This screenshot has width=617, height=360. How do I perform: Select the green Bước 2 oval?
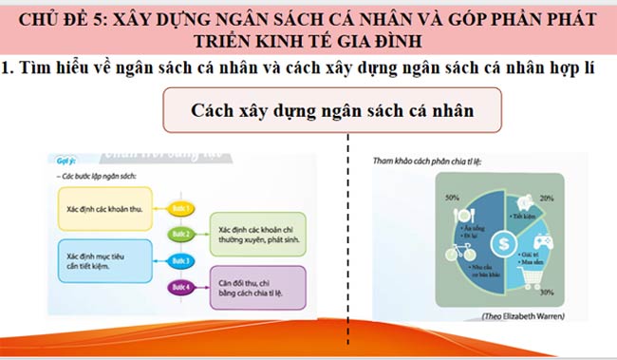pyautogui.click(x=182, y=233)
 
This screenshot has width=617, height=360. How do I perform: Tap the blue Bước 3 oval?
pyautogui.click(x=182, y=260)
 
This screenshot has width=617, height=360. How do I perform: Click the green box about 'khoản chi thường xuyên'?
pyautogui.click(x=256, y=235)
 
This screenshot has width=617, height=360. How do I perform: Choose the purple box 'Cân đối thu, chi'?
pyautogui.click(x=256, y=288)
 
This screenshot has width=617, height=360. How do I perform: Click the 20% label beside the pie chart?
pyautogui.click(x=547, y=199)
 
